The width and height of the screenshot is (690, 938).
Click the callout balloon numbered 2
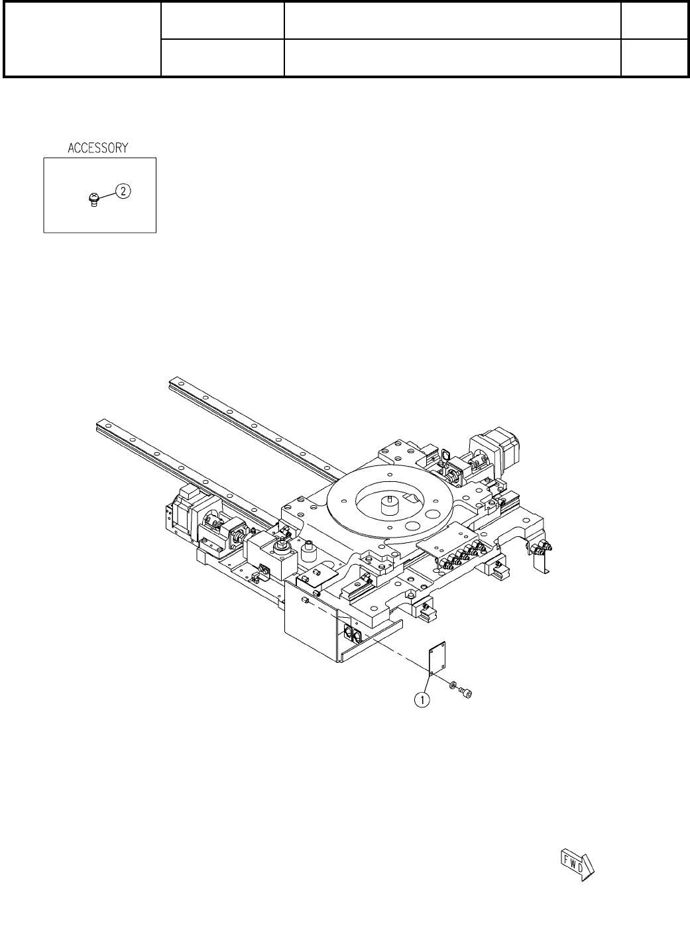123,192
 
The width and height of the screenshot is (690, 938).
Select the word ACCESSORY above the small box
98,148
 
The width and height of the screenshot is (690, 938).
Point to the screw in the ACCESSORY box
94,200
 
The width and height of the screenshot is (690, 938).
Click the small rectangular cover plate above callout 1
437,658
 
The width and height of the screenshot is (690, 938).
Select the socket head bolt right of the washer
465,693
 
